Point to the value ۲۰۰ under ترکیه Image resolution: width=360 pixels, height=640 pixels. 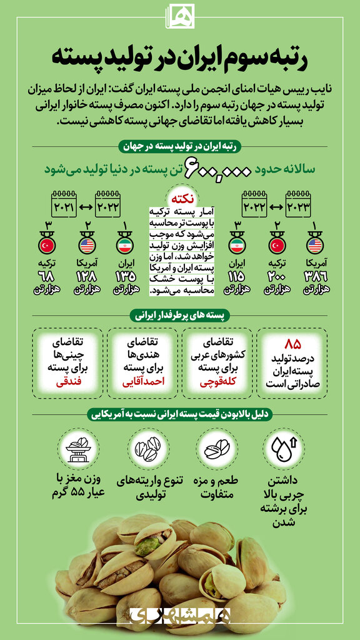(x=276, y=276)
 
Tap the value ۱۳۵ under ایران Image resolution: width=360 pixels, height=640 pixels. (x=125, y=276)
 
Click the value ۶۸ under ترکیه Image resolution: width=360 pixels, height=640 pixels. (x=47, y=276)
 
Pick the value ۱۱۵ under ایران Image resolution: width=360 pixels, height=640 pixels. (x=237, y=276)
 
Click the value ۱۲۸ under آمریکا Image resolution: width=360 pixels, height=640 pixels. (x=86, y=276)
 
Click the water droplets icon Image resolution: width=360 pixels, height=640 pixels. (x=284, y=449)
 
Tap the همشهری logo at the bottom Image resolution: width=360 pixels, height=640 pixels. (x=180, y=616)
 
